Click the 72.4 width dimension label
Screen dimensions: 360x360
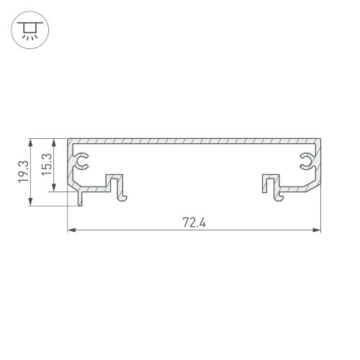[194, 222]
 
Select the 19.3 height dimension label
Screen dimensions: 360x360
[24, 172]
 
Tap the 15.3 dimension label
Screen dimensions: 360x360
[47, 164]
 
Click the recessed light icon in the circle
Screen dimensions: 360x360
[30, 30]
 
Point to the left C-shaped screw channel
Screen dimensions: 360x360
[81, 161]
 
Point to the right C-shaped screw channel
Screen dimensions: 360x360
[307, 161]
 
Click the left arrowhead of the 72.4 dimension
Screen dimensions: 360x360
[72, 230]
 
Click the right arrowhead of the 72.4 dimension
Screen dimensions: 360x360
[316, 230]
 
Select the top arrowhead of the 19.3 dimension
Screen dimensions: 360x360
[30, 143]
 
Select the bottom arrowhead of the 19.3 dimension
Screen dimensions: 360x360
[30, 202]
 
